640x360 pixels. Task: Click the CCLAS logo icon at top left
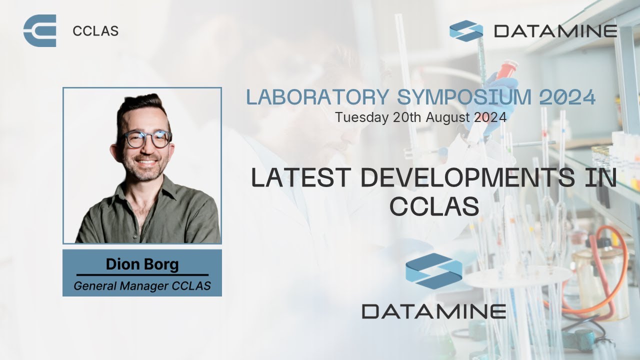[x=39, y=31]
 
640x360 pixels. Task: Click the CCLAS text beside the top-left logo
[x=95, y=31]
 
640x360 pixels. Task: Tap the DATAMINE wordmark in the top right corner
[x=555, y=31]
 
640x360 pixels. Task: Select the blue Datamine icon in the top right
[x=466, y=30]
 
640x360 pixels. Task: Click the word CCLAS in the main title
[x=434, y=206]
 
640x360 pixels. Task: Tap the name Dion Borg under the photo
[x=142, y=264]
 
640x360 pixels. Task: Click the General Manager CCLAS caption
[x=142, y=286]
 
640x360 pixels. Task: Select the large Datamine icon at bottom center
[x=433, y=270]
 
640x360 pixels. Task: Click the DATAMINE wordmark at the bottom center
[x=433, y=311]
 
